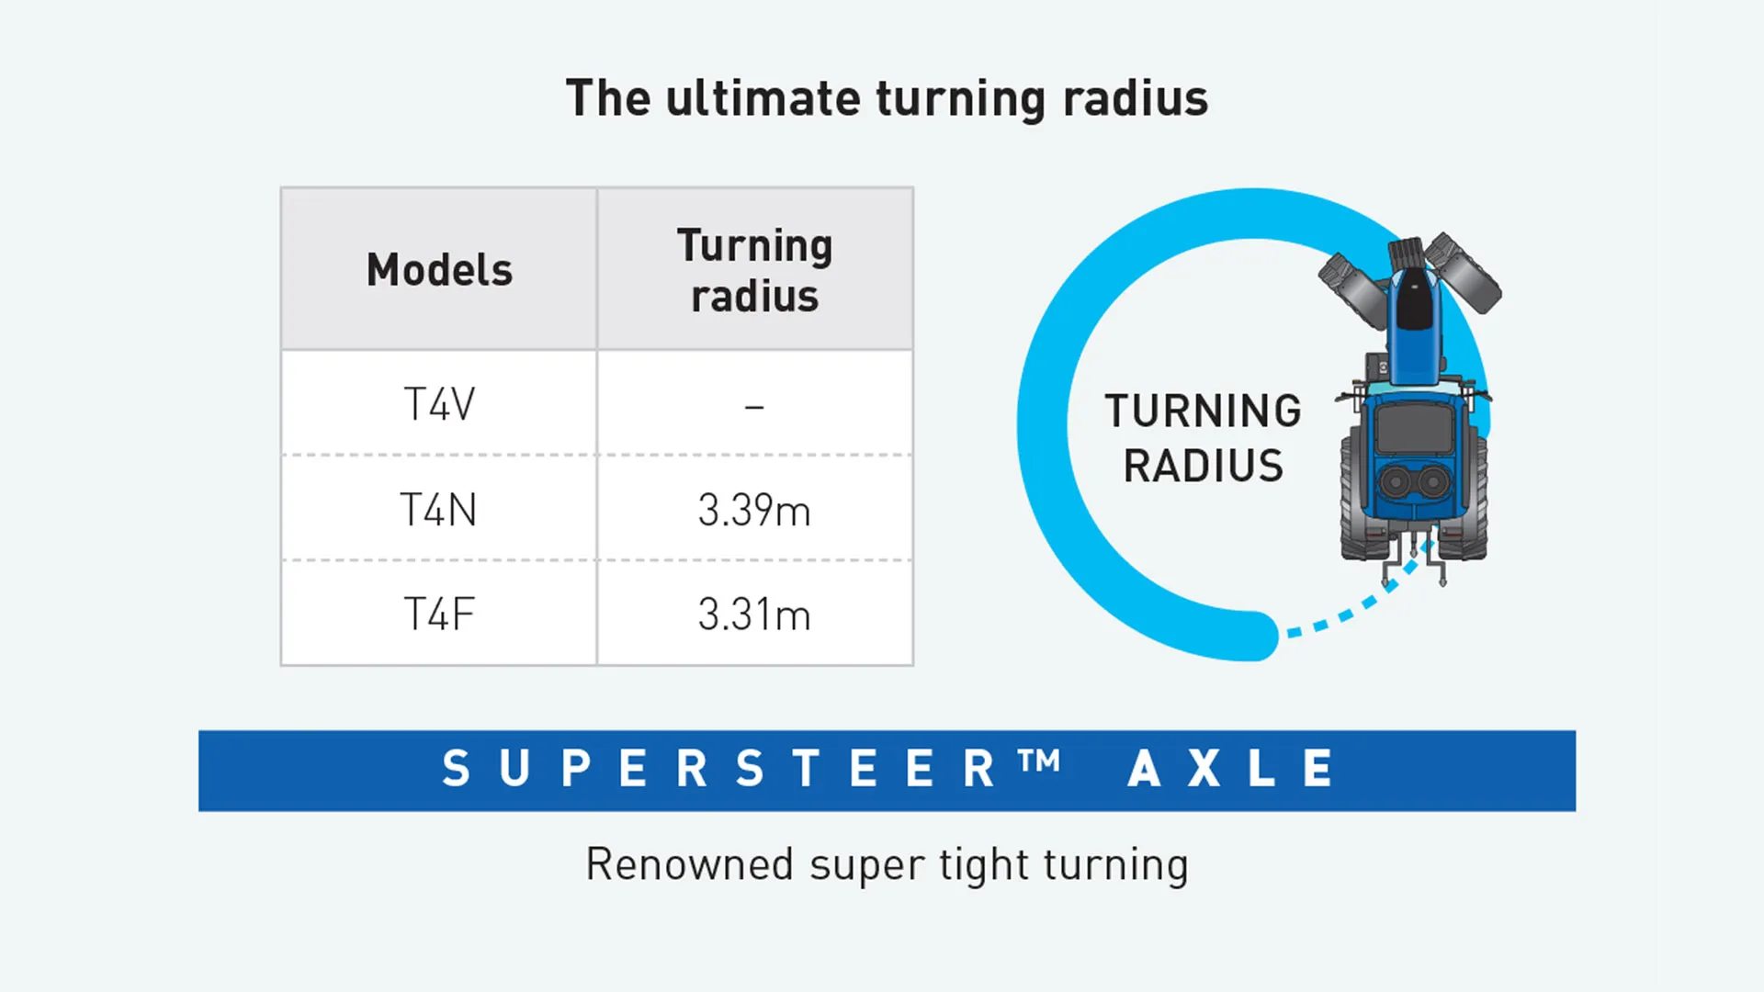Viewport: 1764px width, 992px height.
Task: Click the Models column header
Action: (x=439, y=270)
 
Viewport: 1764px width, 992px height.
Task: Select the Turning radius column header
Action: (x=754, y=270)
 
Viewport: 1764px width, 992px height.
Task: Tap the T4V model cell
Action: (x=439, y=404)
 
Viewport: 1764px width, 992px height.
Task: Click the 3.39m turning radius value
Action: (x=754, y=510)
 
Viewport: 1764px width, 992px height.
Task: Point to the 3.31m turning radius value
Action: (x=754, y=614)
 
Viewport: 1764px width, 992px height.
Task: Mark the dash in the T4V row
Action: (x=754, y=406)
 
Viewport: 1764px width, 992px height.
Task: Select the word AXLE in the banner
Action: (x=1231, y=769)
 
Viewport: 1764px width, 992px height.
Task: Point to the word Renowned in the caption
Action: (x=689, y=864)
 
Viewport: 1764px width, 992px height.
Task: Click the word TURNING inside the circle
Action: (x=1204, y=411)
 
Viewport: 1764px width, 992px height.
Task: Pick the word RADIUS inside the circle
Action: (x=1204, y=466)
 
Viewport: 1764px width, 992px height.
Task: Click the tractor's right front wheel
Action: (x=1464, y=273)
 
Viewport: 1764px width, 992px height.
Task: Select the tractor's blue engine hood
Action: (x=1415, y=321)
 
